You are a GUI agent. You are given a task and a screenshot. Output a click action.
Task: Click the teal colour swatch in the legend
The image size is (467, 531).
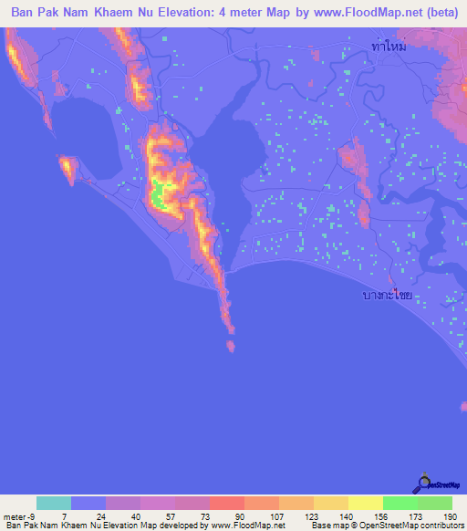(x=54, y=503)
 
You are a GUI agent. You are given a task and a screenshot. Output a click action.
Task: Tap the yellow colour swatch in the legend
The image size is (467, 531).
(x=365, y=503)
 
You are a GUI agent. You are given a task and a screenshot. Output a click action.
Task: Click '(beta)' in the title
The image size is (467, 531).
(x=436, y=13)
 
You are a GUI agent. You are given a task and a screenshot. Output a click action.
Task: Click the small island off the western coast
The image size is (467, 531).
(x=67, y=167)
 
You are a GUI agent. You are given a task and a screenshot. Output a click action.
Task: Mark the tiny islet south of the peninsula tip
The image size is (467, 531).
(x=229, y=345)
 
